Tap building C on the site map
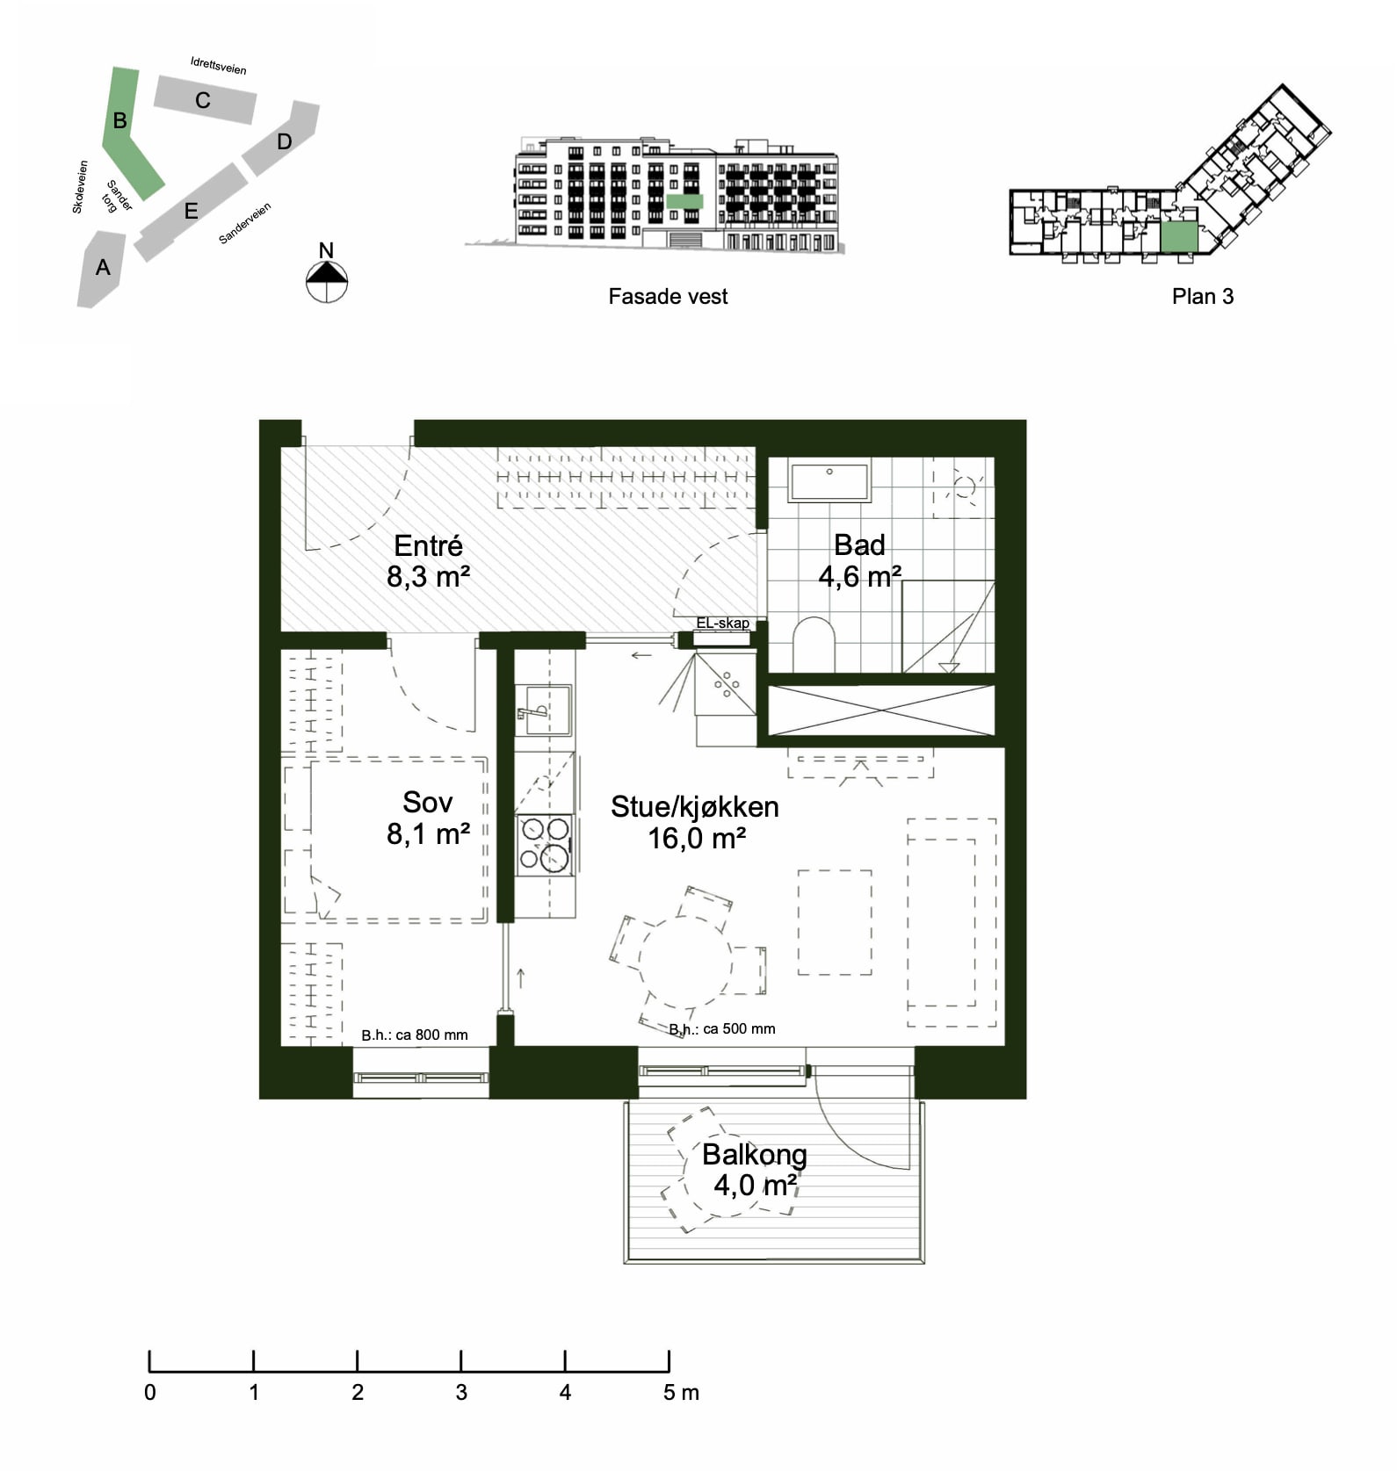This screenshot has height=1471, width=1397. (205, 99)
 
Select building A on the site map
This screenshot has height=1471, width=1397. (102, 267)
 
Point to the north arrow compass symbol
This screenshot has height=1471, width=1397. (327, 280)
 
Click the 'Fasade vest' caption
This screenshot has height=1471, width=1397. (668, 297)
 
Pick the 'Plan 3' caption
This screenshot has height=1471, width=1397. (1202, 297)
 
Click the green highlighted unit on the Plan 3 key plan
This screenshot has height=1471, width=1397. (1179, 237)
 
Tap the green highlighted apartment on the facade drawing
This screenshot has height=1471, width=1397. (684, 201)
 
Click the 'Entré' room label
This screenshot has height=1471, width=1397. (428, 545)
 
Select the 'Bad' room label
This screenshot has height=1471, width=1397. (859, 545)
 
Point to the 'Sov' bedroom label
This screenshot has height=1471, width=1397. (428, 802)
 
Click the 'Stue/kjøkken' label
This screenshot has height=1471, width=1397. (694, 807)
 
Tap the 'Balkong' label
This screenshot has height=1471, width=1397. (754, 1154)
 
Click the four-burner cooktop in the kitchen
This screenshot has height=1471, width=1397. (545, 845)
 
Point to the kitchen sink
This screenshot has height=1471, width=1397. (542, 710)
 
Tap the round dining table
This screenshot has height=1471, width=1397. (684, 963)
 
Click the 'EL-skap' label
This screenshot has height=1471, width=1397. (722, 623)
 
